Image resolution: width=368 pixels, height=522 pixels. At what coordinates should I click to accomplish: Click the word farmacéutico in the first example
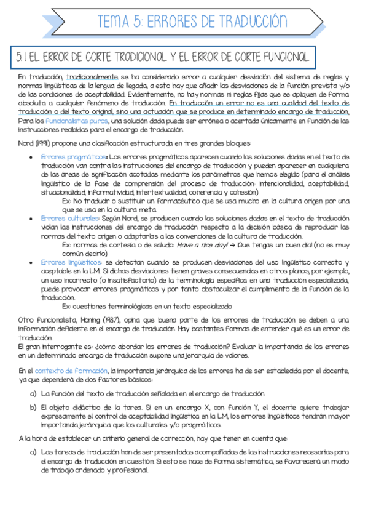(172, 201)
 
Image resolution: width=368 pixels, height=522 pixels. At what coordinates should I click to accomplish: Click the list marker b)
(33, 408)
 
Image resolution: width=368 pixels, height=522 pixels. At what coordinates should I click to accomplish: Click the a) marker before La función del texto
(33, 393)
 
